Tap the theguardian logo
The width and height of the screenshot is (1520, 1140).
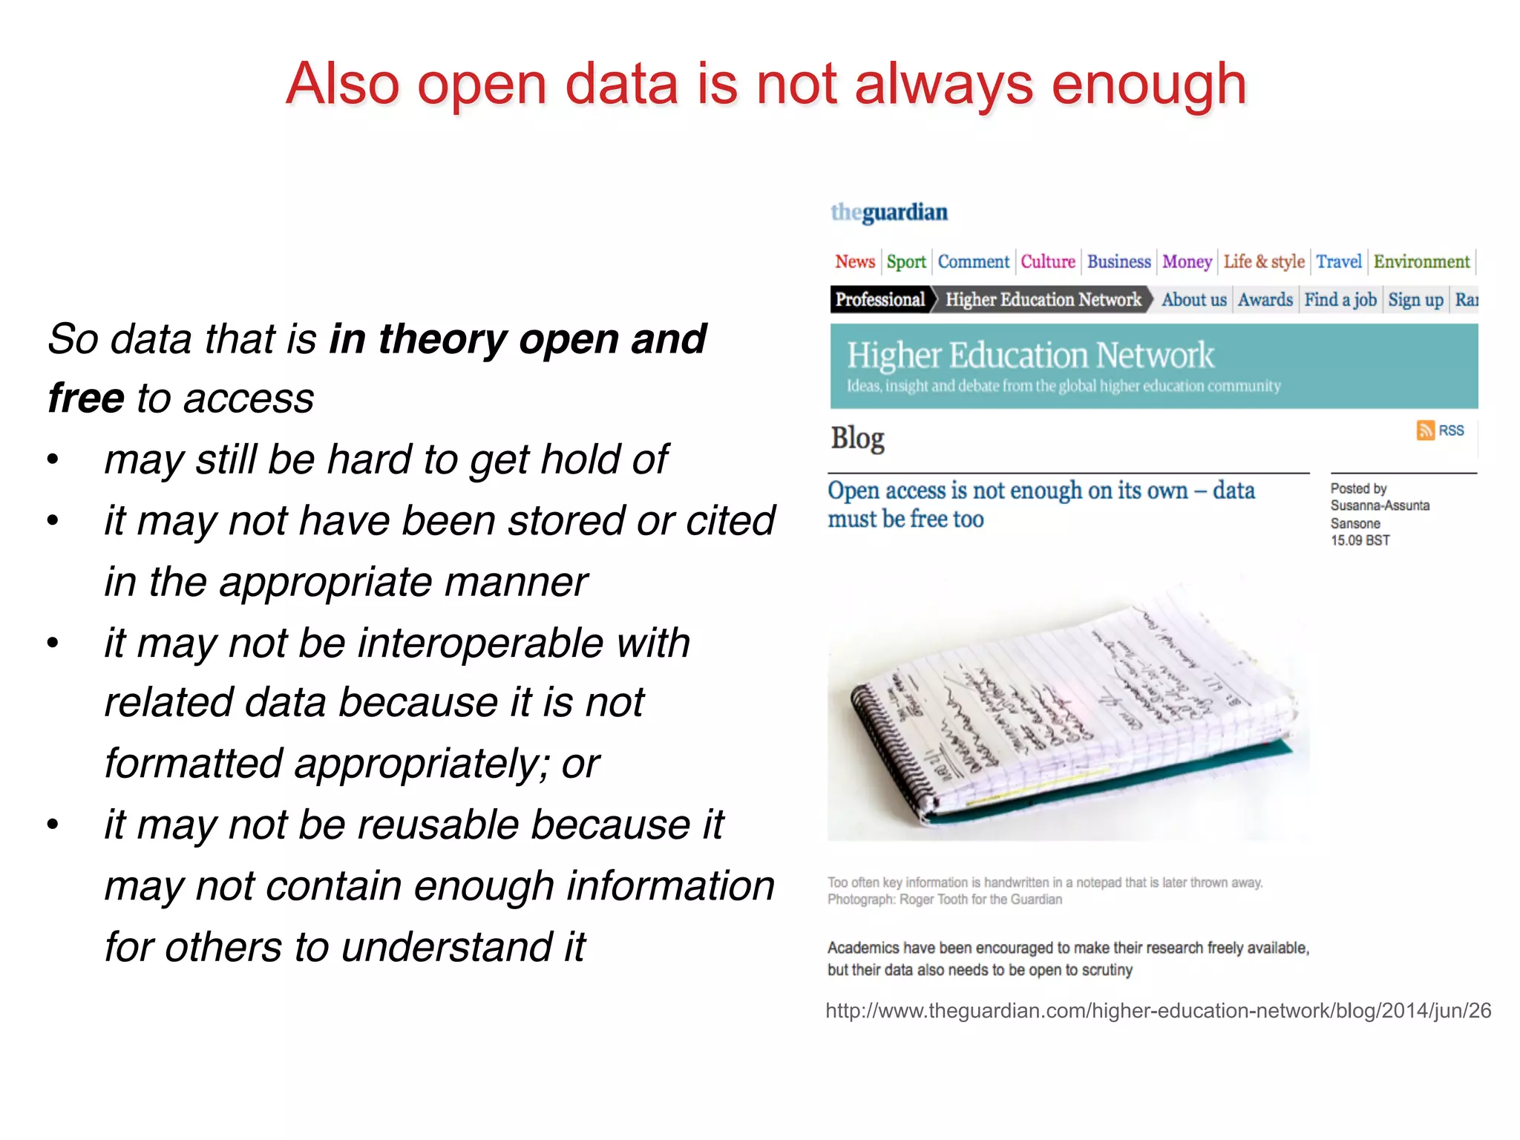point(888,212)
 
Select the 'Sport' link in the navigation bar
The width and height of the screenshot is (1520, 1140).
point(905,262)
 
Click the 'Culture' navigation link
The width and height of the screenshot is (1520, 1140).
point(1047,262)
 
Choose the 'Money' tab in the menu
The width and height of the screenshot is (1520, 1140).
point(1186,262)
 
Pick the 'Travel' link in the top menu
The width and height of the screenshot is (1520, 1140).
point(1338,262)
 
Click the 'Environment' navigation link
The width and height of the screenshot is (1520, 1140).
point(1421,262)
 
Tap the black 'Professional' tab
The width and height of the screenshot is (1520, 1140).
point(879,300)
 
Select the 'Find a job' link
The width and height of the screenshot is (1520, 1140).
point(1340,300)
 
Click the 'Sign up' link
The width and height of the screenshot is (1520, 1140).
point(1415,300)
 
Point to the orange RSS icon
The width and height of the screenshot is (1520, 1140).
point(1425,430)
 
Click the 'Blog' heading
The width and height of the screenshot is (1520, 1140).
point(857,438)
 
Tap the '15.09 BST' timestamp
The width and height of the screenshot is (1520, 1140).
point(1359,540)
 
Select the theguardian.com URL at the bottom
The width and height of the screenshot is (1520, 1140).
point(1158,1011)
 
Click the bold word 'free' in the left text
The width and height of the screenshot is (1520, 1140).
point(85,399)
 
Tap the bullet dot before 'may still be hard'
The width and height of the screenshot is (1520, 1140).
point(52,460)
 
